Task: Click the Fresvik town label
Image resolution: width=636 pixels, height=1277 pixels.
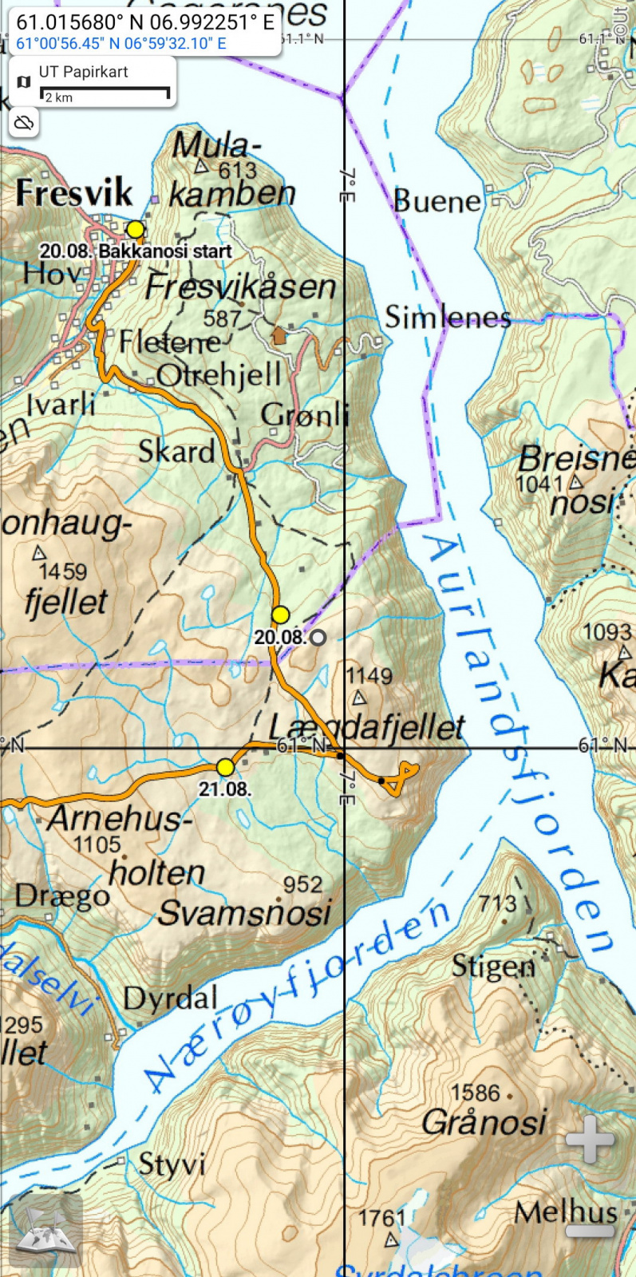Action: point(73,193)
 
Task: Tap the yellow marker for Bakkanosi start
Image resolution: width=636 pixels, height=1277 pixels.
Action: point(136,230)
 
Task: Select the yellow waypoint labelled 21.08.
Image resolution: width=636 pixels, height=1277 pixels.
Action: point(226,768)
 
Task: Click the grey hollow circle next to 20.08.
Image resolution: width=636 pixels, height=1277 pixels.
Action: point(318,637)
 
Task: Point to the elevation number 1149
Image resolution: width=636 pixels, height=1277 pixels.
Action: point(369,676)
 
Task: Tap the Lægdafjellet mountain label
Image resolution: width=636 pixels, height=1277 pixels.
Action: point(366,727)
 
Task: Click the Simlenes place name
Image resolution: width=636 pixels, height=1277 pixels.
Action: point(448,318)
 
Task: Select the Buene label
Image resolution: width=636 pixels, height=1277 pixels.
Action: point(437,201)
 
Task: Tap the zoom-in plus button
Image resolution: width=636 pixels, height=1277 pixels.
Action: point(589,1139)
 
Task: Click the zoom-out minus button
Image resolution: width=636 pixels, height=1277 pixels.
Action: point(589,1230)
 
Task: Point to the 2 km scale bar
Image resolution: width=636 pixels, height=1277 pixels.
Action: point(105,94)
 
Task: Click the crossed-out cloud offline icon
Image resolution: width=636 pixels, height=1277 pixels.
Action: point(25,123)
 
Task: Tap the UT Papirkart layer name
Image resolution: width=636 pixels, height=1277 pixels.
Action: point(83,72)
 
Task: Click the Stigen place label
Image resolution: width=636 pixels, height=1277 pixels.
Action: point(493,967)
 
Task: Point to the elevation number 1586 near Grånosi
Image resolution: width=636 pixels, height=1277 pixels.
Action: point(475,1093)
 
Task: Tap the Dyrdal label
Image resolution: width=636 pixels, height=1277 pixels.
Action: point(170,998)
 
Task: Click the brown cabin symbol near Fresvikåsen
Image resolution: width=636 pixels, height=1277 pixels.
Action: point(278,335)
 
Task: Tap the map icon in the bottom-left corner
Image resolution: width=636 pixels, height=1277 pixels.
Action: point(46,1230)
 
